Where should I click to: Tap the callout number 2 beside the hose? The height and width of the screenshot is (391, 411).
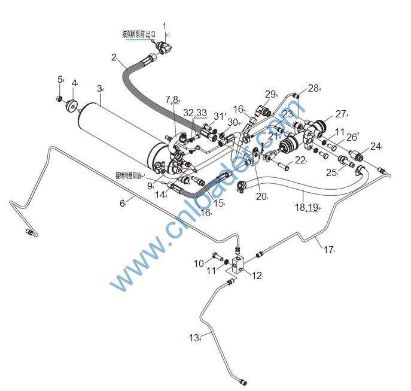(114, 57)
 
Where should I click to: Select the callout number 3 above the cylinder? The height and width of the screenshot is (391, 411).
(99, 88)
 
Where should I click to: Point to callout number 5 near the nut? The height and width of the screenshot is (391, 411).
(60, 79)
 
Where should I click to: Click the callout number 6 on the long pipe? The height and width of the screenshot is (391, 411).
(122, 203)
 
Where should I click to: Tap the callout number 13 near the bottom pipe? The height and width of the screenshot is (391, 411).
(193, 338)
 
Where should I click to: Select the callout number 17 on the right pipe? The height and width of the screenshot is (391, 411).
(328, 249)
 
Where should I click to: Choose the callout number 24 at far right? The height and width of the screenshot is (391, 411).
(375, 146)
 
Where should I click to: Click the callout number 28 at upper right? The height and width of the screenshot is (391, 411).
(313, 89)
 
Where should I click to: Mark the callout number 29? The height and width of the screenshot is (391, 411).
(270, 94)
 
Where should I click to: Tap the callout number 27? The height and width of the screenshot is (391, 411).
(341, 114)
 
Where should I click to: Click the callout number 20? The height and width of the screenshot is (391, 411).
(261, 196)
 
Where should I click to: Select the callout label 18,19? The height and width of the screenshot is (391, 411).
(306, 207)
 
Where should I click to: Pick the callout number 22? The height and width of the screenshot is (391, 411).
(300, 160)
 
